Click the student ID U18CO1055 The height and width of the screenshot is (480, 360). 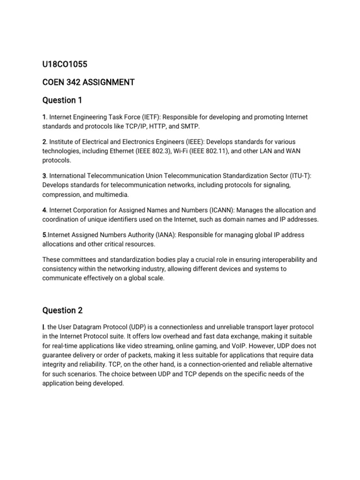[x=64, y=64]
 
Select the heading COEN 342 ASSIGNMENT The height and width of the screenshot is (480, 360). [x=88, y=82]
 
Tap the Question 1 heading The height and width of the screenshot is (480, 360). [x=59, y=100]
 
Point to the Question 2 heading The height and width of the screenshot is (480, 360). [x=59, y=310]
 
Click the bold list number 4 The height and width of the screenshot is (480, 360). [x=44, y=210]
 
